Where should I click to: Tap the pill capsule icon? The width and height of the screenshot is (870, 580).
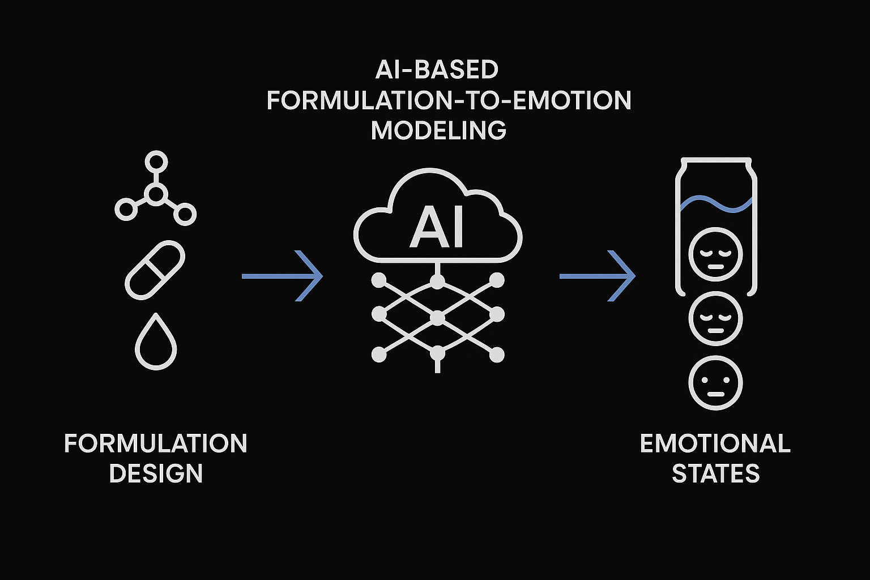click(155, 270)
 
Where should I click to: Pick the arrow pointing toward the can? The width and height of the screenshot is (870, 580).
click(598, 276)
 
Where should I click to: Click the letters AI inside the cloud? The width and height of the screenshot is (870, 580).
click(437, 228)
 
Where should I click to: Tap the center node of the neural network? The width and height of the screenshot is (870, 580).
click(437, 318)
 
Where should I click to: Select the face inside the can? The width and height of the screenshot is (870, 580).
click(715, 254)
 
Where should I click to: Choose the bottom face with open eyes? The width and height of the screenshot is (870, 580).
click(715, 382)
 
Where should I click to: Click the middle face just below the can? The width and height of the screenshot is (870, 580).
click(715, 318)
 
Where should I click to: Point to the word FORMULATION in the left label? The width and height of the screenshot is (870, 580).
click(156, 443)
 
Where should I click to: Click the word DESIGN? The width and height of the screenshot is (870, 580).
click(156, 474)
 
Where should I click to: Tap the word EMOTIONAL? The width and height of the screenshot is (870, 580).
click(715, 443)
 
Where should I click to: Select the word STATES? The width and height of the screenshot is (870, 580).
click(715, 474)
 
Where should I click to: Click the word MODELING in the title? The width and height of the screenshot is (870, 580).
click(438, 130)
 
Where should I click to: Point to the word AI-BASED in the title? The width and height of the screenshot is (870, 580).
click(437, 70)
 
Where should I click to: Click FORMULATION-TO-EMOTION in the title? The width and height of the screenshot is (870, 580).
click(449, 100)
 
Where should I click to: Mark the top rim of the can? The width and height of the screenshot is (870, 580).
click(716, 160)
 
